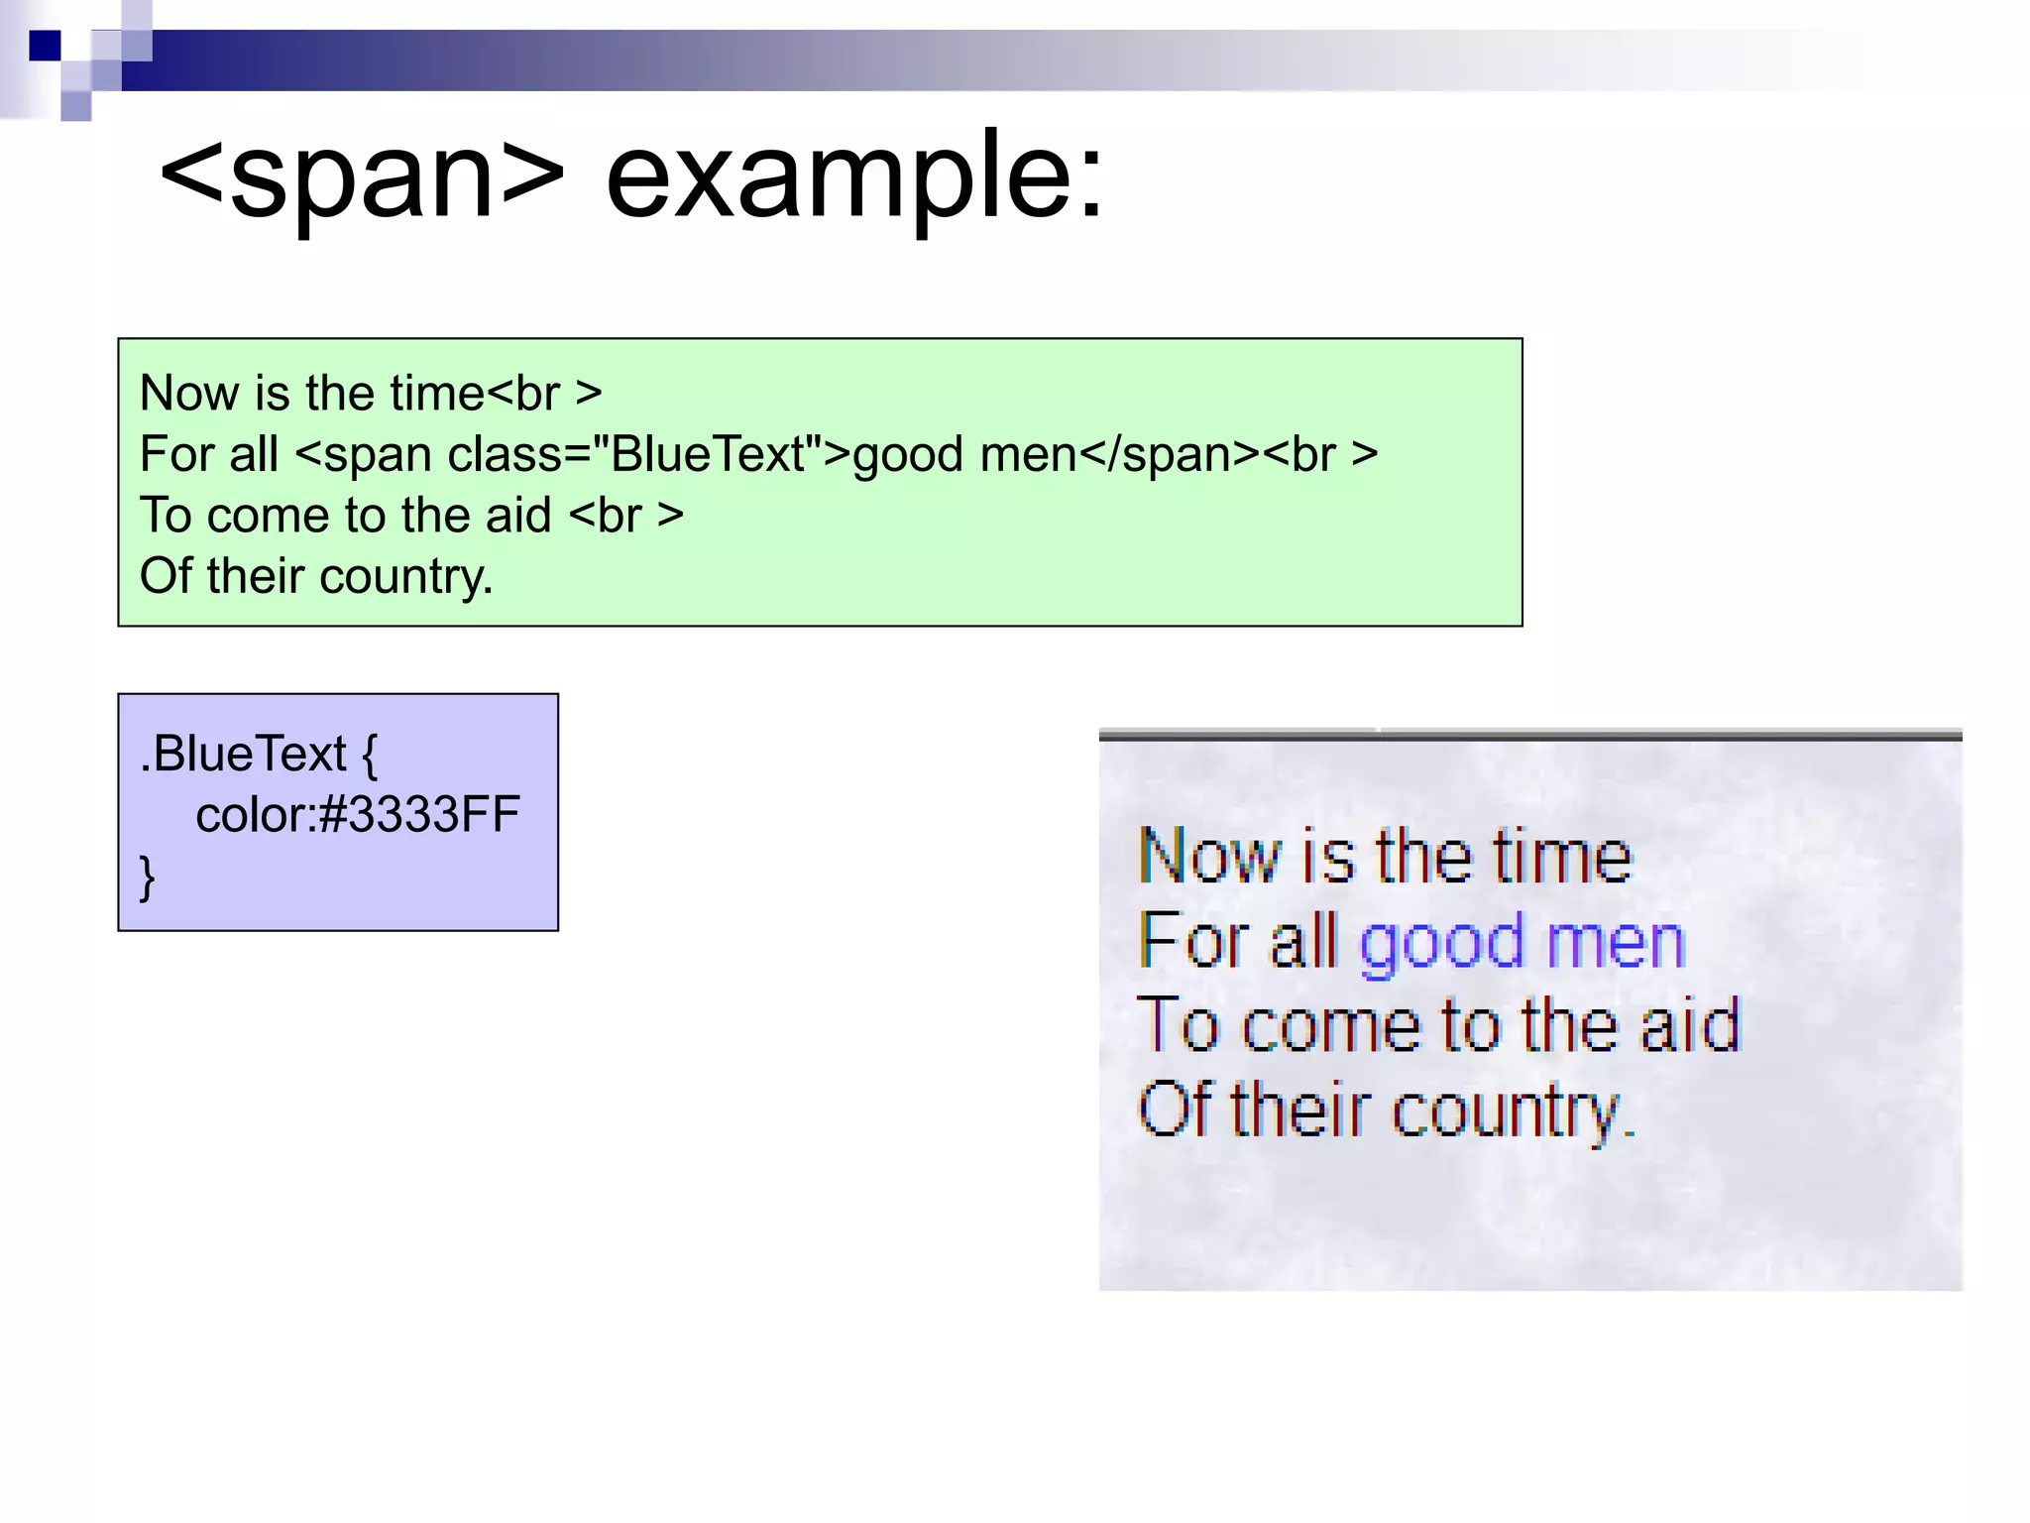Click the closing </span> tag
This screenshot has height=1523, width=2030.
coord(1170,455)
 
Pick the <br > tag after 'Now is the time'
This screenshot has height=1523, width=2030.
coord(544,394)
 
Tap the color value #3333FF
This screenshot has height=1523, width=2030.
coord(420,815)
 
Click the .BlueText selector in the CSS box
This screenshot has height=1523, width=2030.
coord(244,754)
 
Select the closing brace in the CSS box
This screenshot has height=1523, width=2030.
coord(148,877)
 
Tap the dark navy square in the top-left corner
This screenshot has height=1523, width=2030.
coord(45,46)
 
